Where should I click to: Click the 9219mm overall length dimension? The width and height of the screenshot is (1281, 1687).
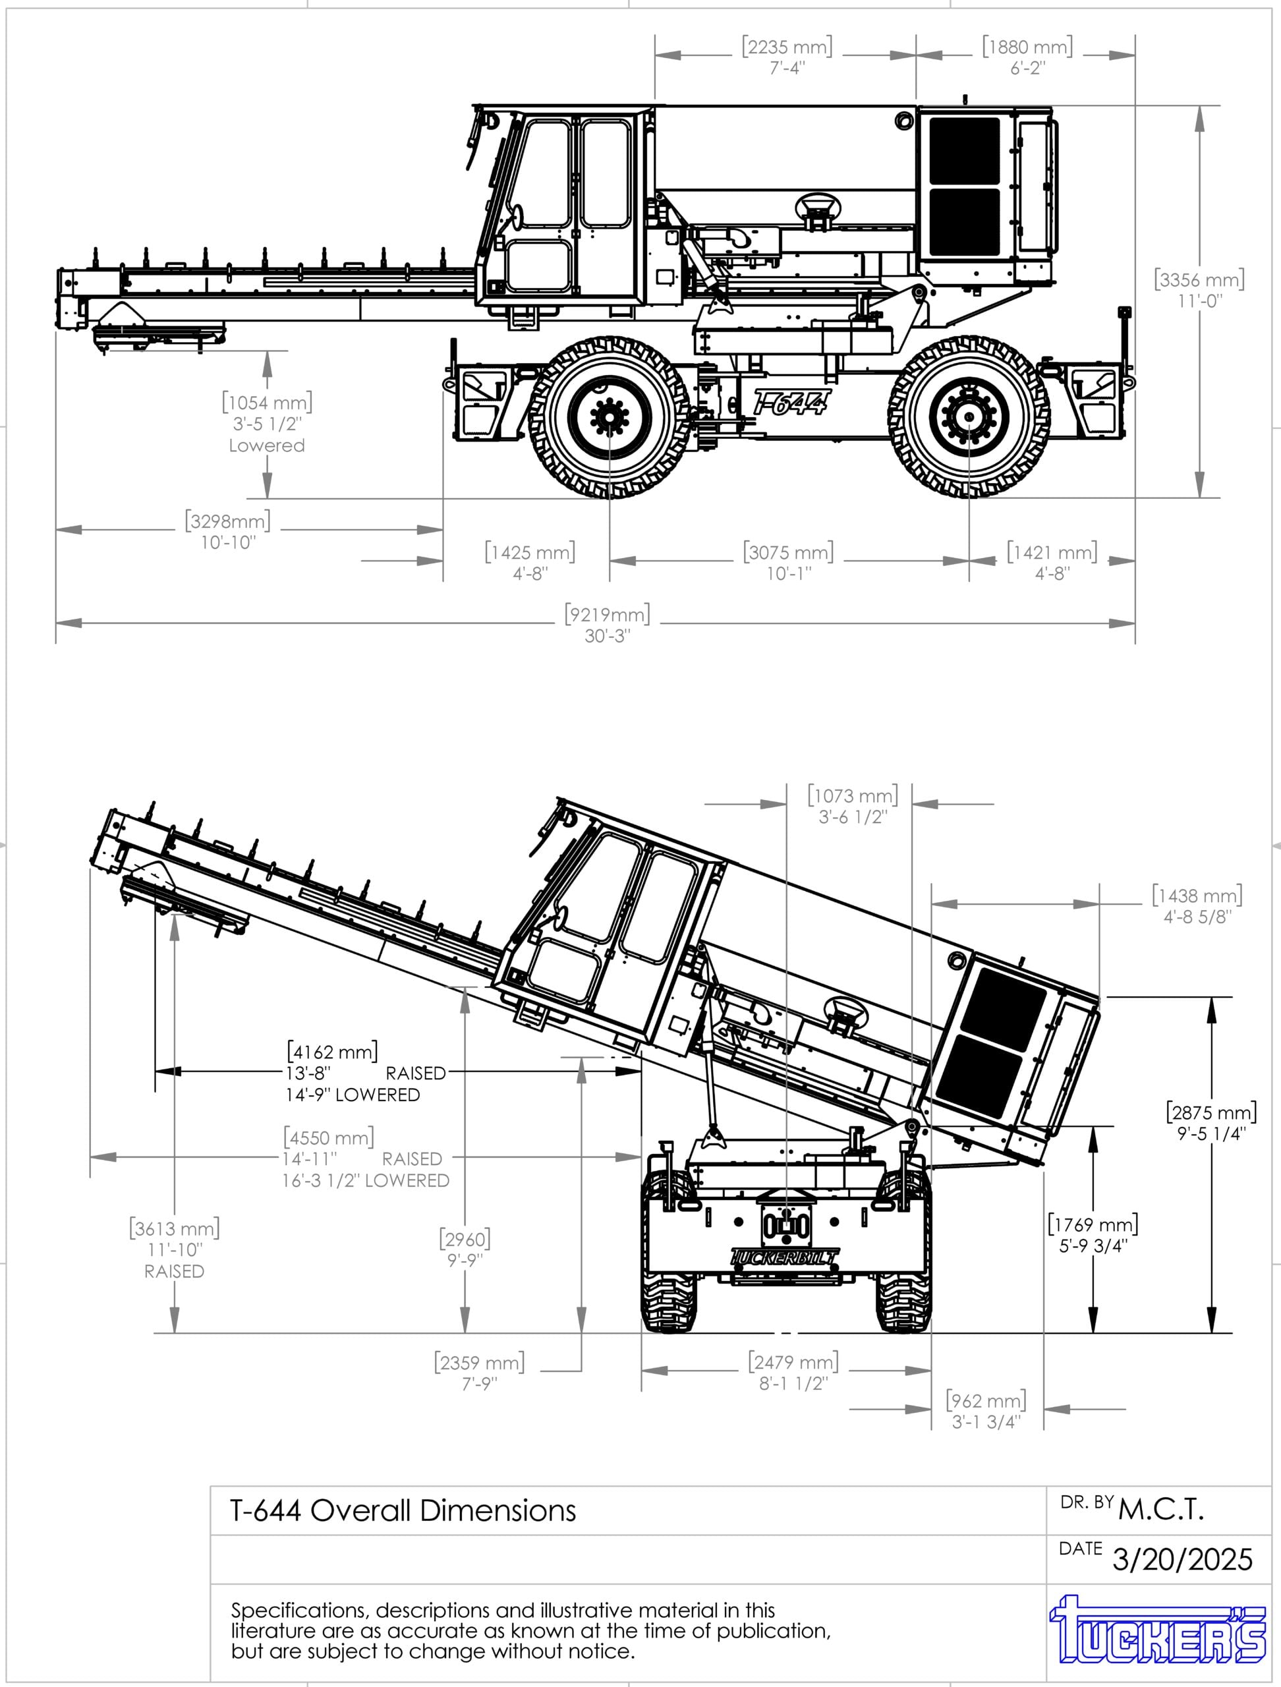tap(608, 625)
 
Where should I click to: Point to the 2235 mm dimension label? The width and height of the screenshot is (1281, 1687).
tap(787, 57)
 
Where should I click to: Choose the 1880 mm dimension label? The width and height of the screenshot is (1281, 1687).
tap(1027, 57)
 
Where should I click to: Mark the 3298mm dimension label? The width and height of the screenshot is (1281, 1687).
tap(228, 530)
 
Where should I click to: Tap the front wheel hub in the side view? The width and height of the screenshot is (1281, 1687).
tap(610, 416)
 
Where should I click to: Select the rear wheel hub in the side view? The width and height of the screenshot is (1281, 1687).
tap(969, 416)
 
